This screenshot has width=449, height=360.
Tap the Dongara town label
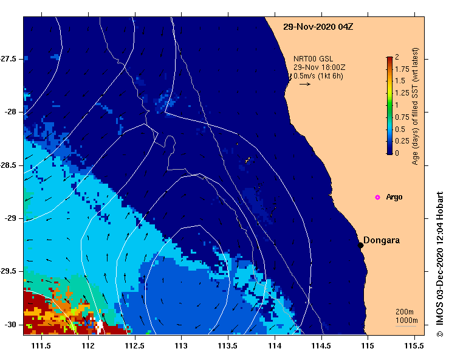(x=382, y=240)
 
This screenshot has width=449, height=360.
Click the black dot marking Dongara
(x=360, y=245)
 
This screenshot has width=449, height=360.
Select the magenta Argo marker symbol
(x=377, y=197)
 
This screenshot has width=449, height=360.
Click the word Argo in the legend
(x=394, y=197)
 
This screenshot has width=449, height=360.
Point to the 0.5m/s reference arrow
(x=305, y=84)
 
